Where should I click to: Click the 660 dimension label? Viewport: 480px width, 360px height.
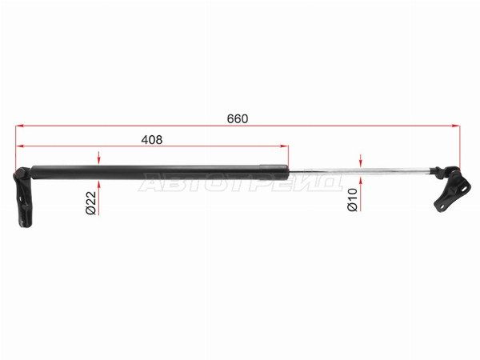point(238,118)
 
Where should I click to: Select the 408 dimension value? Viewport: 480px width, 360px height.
point(151,139)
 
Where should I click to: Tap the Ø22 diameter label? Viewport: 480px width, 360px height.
point(91,202)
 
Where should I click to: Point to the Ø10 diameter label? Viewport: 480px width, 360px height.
point(352,199)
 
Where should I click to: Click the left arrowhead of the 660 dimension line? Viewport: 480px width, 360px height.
point(19,126)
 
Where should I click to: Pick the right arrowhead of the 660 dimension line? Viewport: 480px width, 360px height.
point(456,126)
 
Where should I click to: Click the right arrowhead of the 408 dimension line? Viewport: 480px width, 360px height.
point(284,146)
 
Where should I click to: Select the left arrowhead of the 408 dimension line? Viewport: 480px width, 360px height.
point(19,146)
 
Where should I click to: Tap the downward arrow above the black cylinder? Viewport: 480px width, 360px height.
point(98,158)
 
